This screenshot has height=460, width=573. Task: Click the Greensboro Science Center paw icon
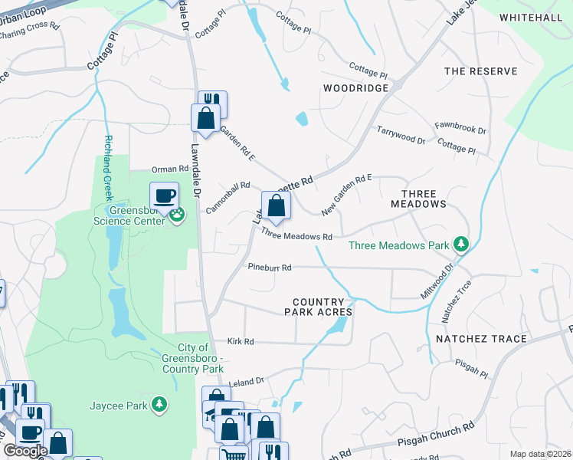(x=177, y=214)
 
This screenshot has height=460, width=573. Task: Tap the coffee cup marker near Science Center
(x=164, y=195)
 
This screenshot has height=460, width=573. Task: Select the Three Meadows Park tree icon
(x=460, y=245)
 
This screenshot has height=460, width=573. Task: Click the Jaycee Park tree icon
(x=159, y=403)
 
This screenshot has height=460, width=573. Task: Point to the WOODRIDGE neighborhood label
(x=355, y=88)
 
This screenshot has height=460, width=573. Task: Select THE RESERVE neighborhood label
(x=480, y=71)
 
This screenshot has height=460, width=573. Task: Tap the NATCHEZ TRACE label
(x=481, y=338)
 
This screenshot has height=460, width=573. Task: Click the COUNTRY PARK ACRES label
(x=318, y=307)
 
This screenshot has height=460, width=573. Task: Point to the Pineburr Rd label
(x=270, y=268)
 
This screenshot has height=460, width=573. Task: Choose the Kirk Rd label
(x=240, y=341)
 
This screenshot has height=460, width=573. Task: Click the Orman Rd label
(x=170, y=169)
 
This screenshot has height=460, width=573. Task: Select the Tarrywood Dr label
(x=400, y=136)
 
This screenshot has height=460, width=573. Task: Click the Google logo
(x=25, y=451)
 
